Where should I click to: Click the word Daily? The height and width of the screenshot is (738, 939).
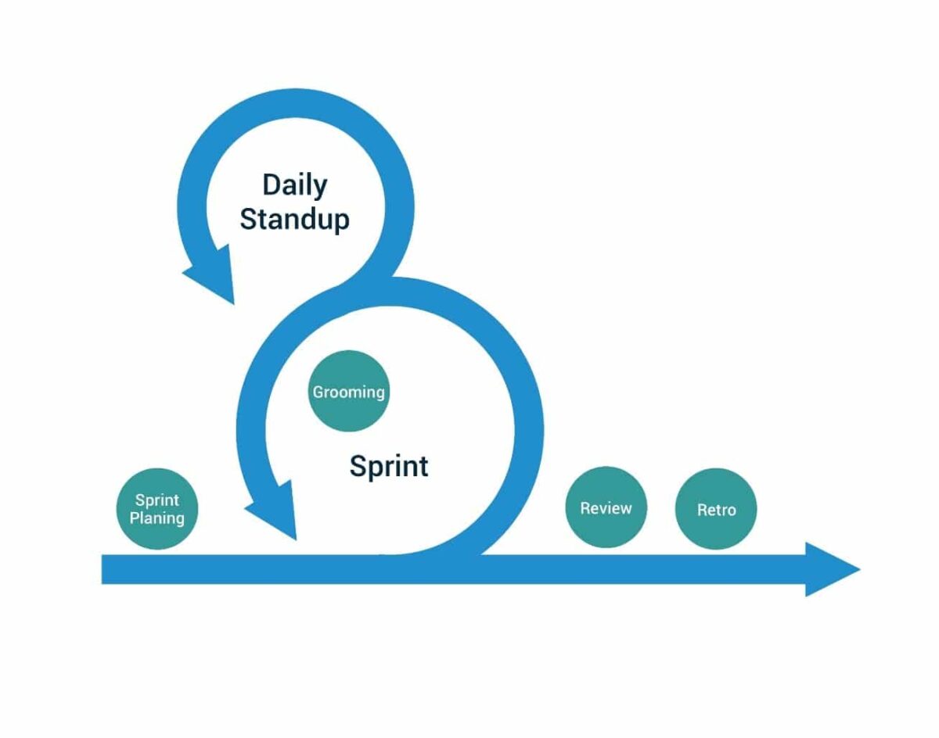point(295,186)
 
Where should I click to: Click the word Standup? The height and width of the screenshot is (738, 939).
point(294,220)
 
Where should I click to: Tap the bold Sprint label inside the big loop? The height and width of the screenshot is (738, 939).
point(389,467)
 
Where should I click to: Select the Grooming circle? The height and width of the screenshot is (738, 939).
point(349,391)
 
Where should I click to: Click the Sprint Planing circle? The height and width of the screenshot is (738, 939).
point(157,510)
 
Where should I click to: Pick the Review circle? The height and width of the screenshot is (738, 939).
point(606,507)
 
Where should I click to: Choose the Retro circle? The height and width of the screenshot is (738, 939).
point(716,510)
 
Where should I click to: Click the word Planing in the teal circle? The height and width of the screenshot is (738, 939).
point(157,518)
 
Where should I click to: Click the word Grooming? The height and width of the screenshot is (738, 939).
point(349,392)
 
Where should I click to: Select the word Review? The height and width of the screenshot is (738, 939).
point(606,508)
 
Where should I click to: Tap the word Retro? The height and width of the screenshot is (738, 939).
point(716,511)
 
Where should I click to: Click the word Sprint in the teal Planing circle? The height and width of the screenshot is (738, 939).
point(157,500)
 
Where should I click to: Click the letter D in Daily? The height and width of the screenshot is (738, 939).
point(271,185)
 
